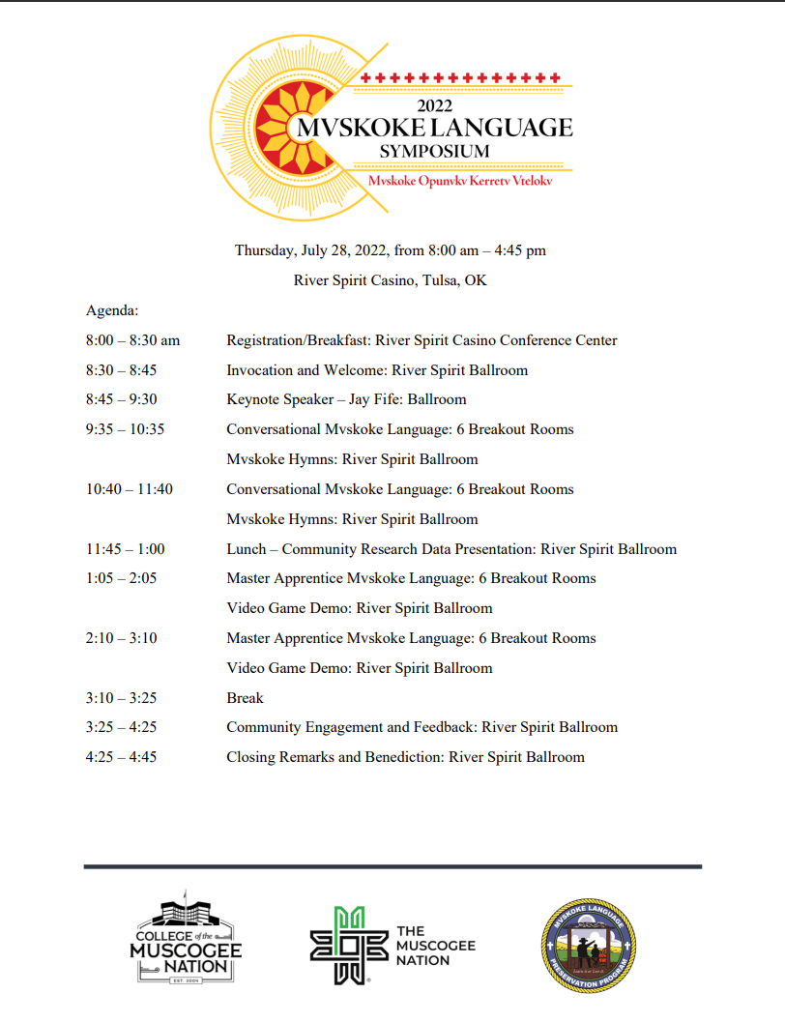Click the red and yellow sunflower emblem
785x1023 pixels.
288,125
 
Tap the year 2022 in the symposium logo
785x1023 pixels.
435,106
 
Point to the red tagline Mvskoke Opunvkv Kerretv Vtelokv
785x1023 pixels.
459,181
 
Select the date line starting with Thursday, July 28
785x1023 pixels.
391,250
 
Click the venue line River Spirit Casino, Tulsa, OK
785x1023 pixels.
391,280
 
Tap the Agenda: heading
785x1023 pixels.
112,310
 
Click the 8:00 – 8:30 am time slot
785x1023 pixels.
132,340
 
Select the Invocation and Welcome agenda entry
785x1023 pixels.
377,370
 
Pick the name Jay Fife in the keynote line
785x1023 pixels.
374,399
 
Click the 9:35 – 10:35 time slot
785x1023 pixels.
125,429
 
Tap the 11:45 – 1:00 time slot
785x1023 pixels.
125,549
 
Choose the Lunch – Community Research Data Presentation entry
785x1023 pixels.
451,549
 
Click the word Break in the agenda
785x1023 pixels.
245,698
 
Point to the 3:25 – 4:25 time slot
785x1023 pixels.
121,727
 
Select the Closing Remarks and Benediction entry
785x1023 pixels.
405,757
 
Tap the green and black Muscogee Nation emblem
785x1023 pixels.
341,946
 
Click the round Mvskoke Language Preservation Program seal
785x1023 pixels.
589,946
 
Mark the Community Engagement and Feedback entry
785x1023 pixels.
422,727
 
